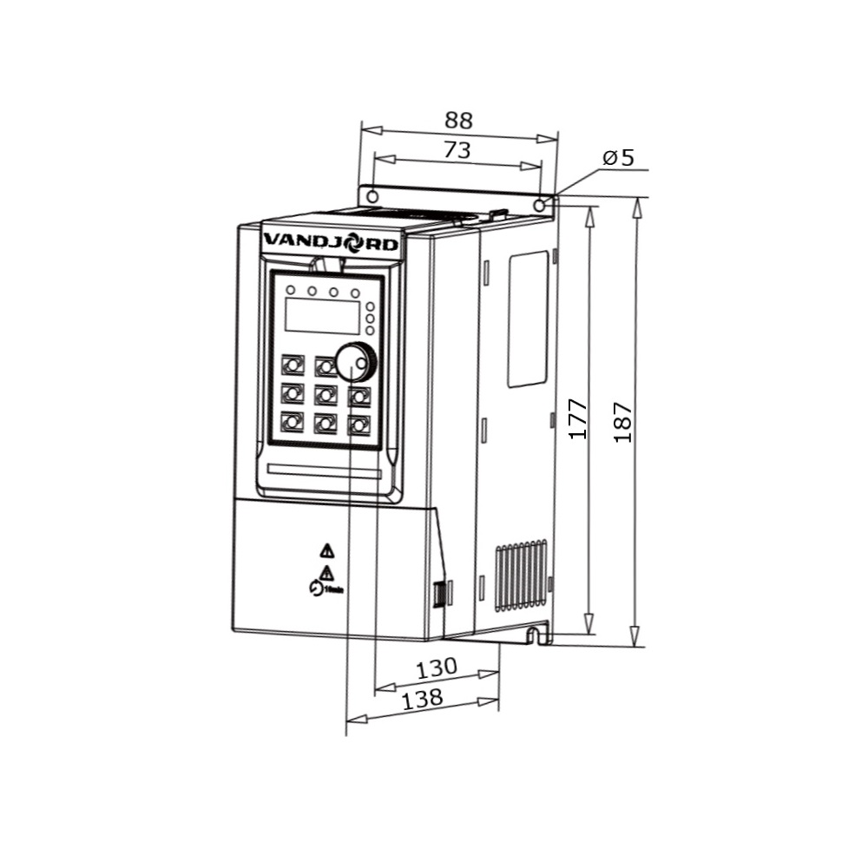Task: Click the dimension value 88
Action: click(459, 120)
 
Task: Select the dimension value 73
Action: click(457, 149)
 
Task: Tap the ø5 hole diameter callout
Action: click(619, 157)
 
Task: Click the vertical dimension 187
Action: click(623, 423)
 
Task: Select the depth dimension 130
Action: click(436, 668)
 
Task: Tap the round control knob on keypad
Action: click(355, 362)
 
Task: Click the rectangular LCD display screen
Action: click(322, 316)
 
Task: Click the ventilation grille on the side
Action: click(521, 577)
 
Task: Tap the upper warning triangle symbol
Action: click(326, 549)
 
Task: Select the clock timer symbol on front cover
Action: click(315, 589)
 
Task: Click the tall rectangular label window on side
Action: click(528, 319)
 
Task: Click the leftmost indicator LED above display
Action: click(291, 290)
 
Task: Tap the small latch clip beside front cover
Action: click(440, 595)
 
